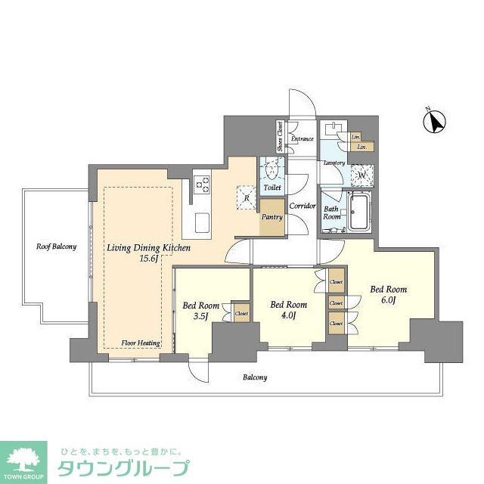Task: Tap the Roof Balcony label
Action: (56, 247)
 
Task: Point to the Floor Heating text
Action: (141, 343)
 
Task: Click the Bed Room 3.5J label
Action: (196, 312)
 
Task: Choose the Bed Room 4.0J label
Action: (288, 310)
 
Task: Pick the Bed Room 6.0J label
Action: (387, 294)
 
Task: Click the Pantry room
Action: (271, 218)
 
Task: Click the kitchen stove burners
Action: (202, 184)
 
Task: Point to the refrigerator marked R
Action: (247, 198)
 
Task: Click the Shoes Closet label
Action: (279, 138)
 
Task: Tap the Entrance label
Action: (302, 139)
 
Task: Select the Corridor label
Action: (302, 205)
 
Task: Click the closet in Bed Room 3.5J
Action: (241, 312)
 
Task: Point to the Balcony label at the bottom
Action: (255, 377)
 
